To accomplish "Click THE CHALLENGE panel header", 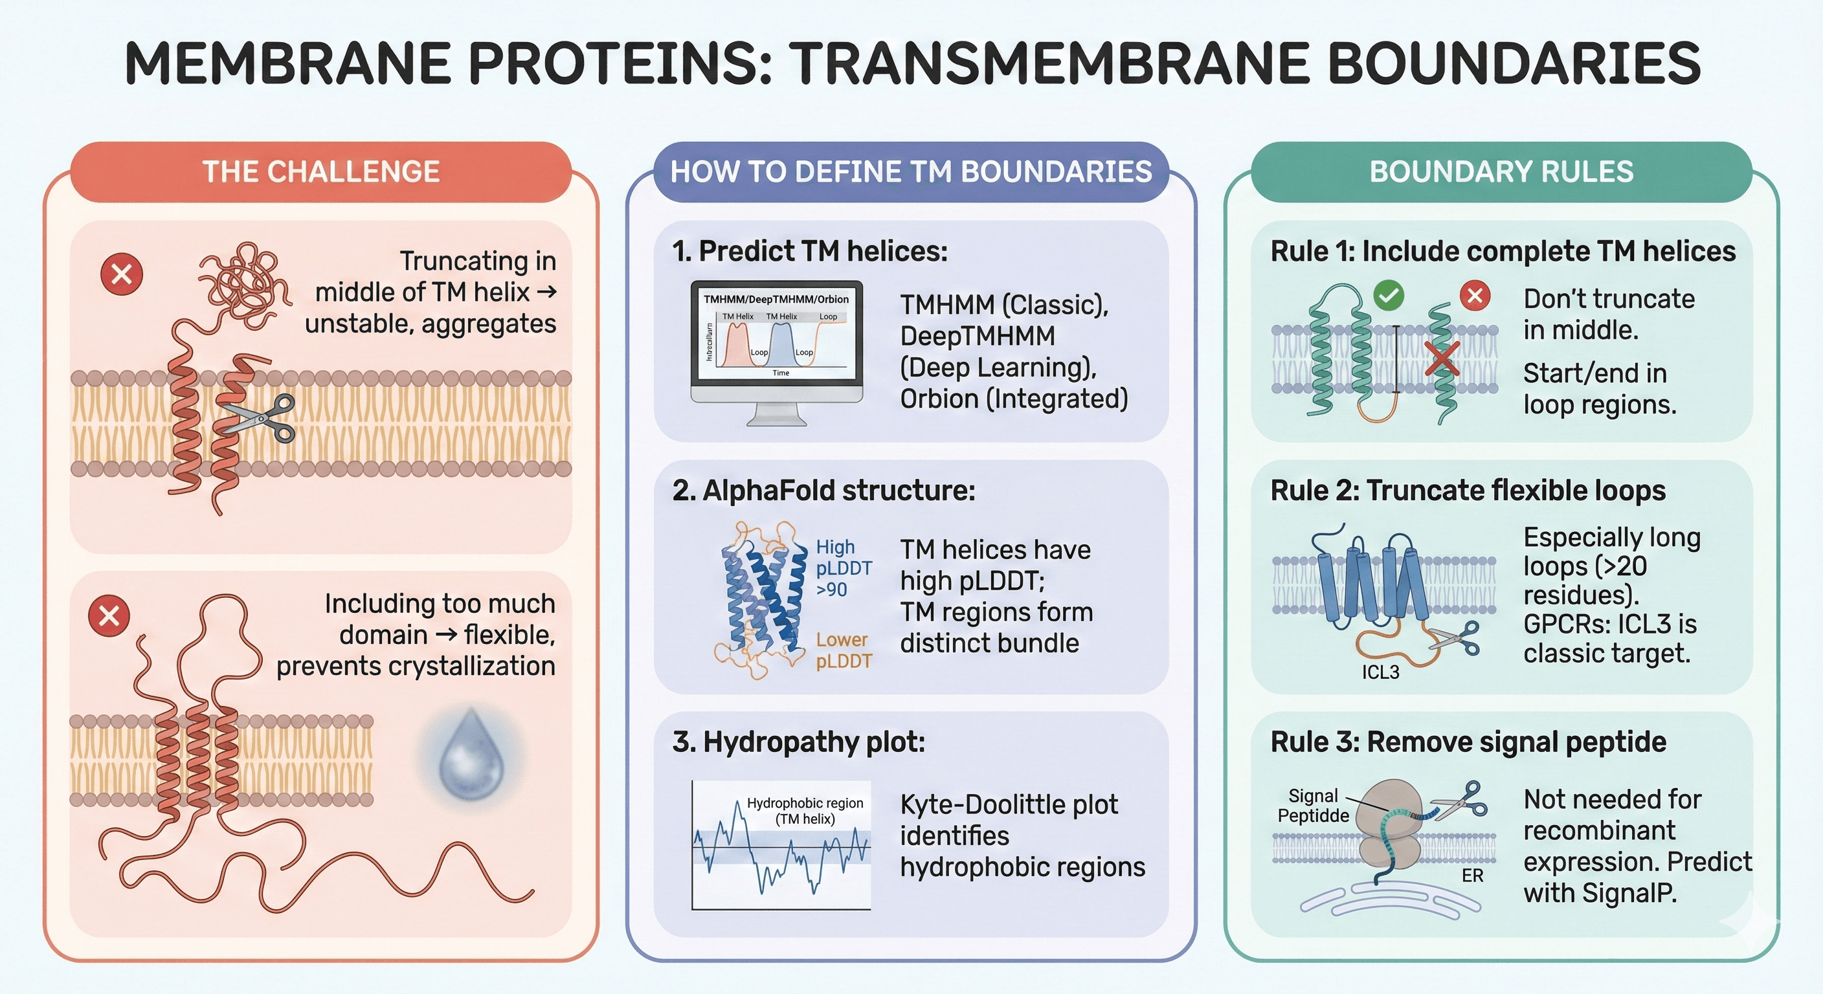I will (x=320, y=172).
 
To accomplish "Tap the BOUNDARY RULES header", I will (x=1501, y=172).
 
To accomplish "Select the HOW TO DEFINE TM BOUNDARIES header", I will (x=911, y=172).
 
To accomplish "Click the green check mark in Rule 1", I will (x=1389, y=295).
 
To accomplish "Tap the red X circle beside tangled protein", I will (x=122, y=274).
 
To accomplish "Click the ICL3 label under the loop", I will (x=1380, y=672).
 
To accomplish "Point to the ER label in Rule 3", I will (x=1472, y=876).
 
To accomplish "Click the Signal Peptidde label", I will (x=1313, y=806).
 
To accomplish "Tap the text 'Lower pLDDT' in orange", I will (x=843, y=650).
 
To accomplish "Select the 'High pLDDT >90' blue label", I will (x=843, y=568).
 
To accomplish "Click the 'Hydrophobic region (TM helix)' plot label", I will (x=805, y=811).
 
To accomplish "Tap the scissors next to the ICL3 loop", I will (x=1454, y=639).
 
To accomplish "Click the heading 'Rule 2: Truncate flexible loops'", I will (x=1468, y=491).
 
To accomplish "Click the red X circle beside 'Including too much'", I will (x=109, y=615).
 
